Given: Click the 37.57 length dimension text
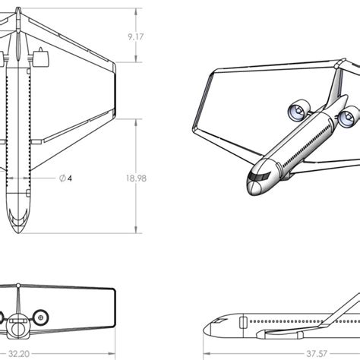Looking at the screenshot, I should coord(318,353).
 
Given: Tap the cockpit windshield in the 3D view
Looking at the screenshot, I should coord(260,175).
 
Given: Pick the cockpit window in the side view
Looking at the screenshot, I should coord(219,323).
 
